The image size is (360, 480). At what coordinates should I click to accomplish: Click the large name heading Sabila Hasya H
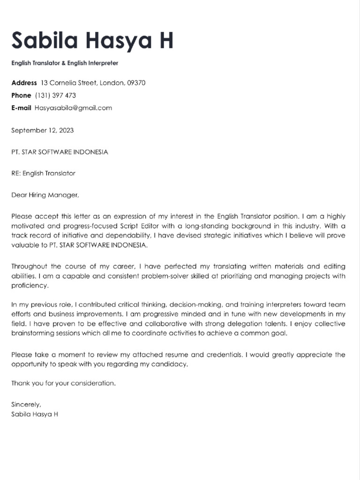tap(92, 41)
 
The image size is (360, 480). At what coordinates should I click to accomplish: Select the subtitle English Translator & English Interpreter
tap(65, 63)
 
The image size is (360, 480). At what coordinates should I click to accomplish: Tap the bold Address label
tap(24, 83)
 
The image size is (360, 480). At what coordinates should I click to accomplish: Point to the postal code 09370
tap(136, 83)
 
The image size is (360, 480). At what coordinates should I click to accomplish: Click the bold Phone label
tap(21, 95)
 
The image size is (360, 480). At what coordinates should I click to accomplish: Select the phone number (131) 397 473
tap(55, 95)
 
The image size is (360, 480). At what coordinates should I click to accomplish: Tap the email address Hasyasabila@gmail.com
tap(73, 108)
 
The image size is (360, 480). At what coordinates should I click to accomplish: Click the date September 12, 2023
tap(42, 130)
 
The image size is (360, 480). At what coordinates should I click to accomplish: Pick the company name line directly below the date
tap(60, 152)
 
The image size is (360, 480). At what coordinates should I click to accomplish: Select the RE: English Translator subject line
tap(43, 173)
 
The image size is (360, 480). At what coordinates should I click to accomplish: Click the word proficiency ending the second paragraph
tap(29, 285)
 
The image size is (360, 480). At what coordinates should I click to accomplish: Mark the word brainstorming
tap(31, 333)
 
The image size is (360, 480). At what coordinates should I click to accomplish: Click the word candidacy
tap(171, 364)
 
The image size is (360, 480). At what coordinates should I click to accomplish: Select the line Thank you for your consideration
tap(63, 383)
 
